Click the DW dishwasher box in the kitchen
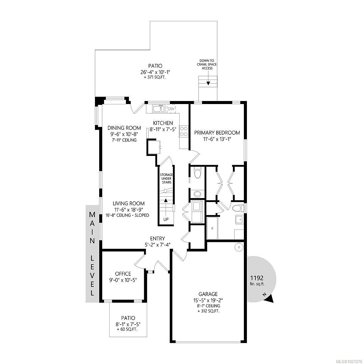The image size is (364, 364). (x=171, y=109)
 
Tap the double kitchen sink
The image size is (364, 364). (x=159, y=109)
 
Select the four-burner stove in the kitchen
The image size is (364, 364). (x=184, y=131)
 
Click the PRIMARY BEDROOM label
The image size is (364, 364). (x=217, y=133)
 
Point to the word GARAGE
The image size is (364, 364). (x=208, y=294)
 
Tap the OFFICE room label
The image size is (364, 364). (x=123, y=274)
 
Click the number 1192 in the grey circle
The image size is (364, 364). (x=257, y=278)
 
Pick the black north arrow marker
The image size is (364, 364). (x=269, y=299)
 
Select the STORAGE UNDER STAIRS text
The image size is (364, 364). (x=167, y=178)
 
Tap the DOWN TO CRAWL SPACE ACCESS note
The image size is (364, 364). (x=208, y=64)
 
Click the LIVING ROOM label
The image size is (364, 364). (x=129, y=204)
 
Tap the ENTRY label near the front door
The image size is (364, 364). (x=157, y=238)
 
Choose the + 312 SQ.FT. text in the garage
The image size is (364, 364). (x=208, y=311)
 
